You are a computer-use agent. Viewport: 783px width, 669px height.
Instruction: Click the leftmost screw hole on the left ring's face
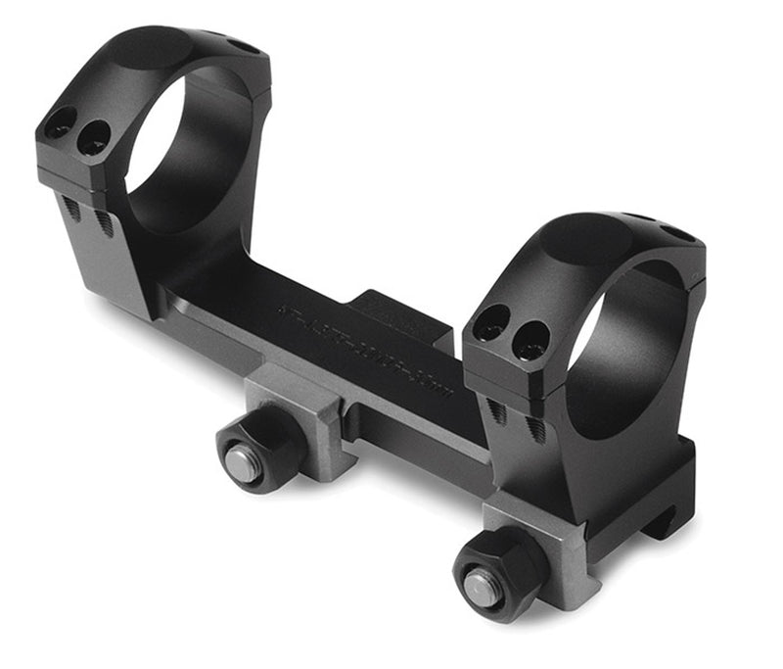coord(60,123)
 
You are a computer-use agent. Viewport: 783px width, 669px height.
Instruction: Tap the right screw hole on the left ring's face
coord(94,136)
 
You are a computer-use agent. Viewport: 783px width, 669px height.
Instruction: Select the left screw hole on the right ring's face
coord(490,323)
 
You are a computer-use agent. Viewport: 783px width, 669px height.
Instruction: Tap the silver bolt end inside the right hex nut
coord(483,588)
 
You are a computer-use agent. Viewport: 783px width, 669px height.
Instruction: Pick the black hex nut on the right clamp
coord(497,572)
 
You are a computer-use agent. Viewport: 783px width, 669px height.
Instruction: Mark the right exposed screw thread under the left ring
coord(104,223)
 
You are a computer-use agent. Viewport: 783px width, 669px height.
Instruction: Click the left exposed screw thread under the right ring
coord(500,412)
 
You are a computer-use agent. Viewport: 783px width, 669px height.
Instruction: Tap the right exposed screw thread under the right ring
coord(537,428)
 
